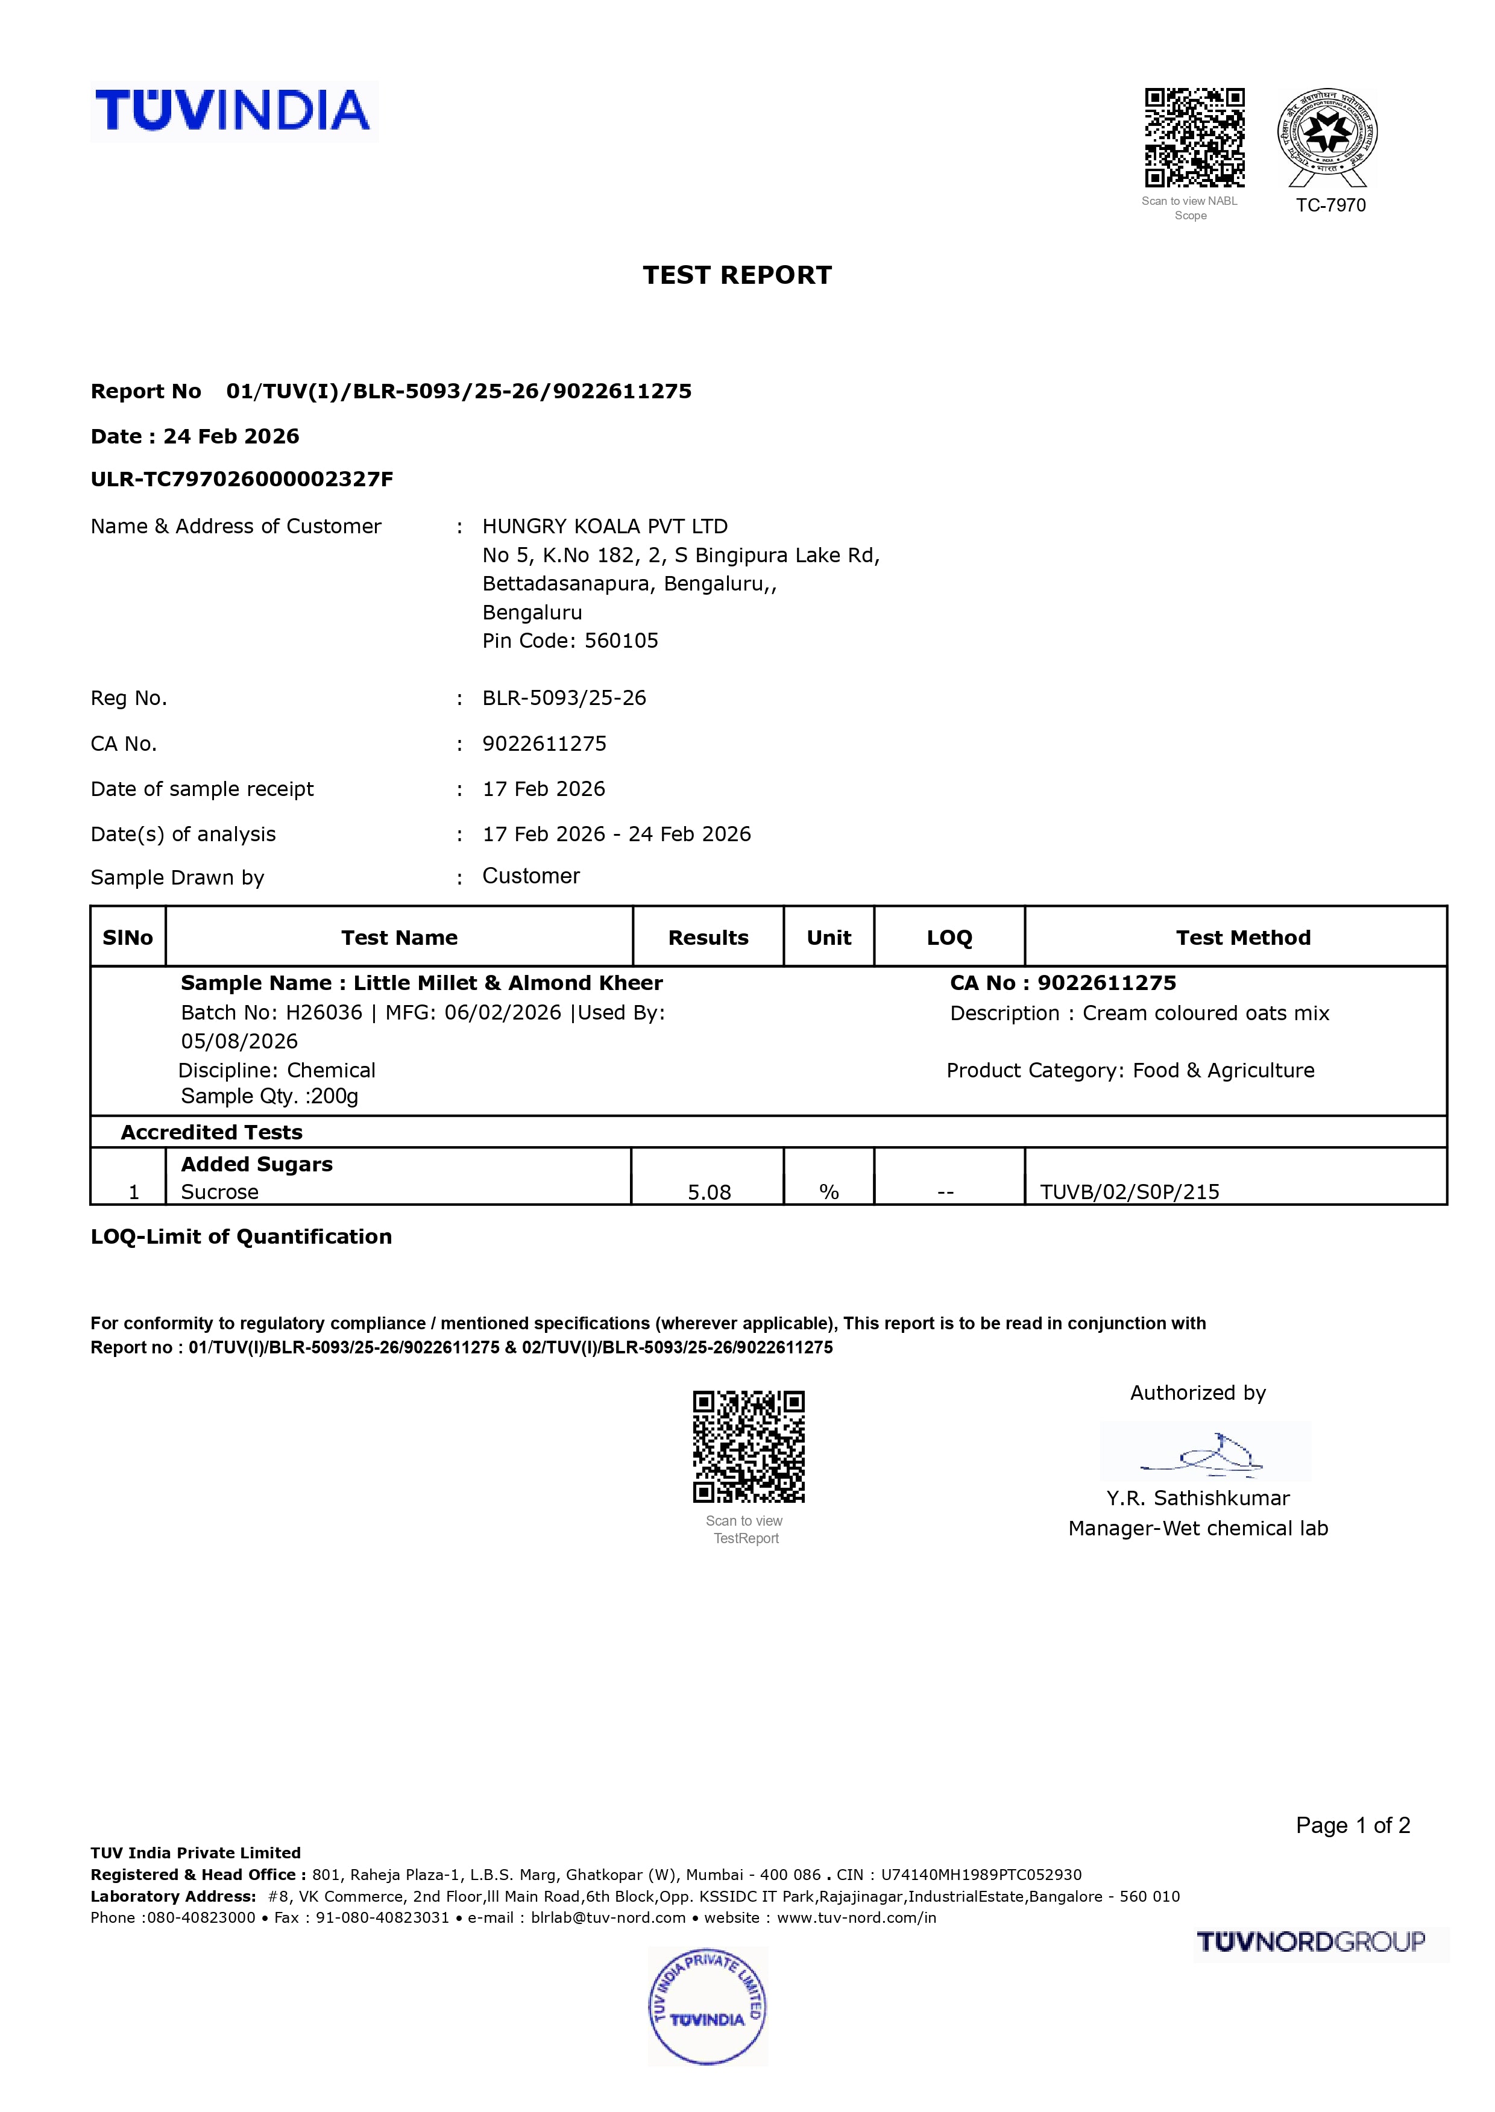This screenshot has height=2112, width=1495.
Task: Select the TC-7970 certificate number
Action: pos(1330,205)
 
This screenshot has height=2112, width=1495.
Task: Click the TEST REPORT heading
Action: pos(737,275)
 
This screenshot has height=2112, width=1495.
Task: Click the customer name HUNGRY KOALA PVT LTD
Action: pos(605,527)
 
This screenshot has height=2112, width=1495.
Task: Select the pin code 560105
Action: pos(622,641)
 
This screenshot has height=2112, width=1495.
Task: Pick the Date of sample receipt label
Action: pos(201,789)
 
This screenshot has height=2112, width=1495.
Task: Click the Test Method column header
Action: pos(1243,938)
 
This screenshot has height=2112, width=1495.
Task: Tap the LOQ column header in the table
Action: pos(949,938)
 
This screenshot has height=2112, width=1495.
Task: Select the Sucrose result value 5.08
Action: pos(709,1192)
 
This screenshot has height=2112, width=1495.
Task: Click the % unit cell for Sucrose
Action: pos(828,1192)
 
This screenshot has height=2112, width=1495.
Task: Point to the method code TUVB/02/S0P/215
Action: pos(1130,1192)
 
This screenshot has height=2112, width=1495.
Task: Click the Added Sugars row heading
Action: pos(257,1164)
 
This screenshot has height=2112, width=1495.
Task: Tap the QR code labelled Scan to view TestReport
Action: pos(749,1447)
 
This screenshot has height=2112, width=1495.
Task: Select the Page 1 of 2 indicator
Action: pos(1352,1825)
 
